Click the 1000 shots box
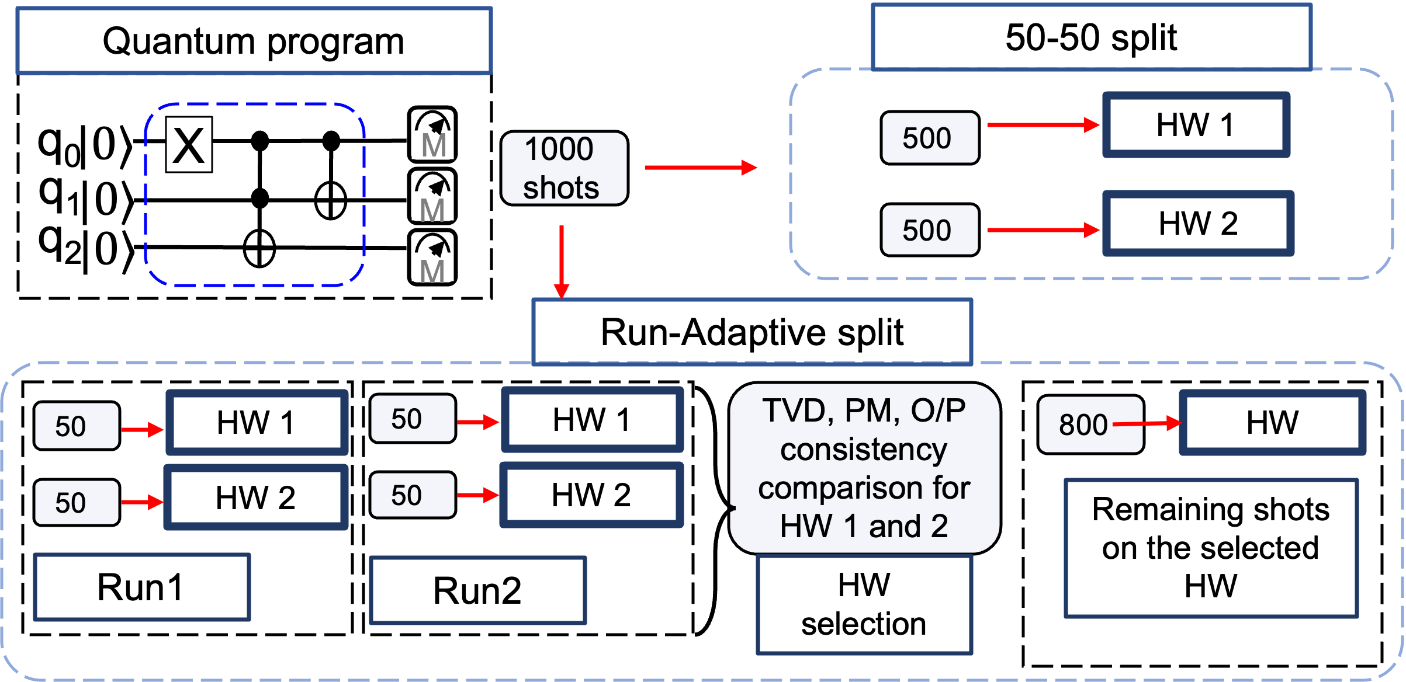pos(564,168)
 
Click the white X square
pos(189,145)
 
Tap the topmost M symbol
pos(432,145)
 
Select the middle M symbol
pos(432,207)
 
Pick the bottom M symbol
pos(432,268)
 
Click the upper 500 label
pos(929,138)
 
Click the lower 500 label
pos(929,230)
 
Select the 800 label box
pos(1090,424)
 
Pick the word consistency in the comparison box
pos(864,450)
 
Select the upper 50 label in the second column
pos(412,419)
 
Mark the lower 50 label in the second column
pos(412,495)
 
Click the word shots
pos(561,188)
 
